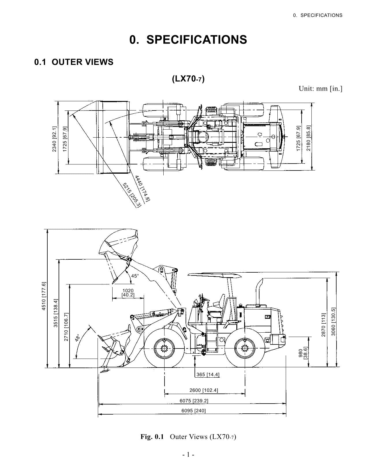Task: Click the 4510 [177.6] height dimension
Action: click(44, 296)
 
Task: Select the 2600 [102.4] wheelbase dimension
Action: click(204, 390)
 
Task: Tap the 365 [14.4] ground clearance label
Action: click(208, 374)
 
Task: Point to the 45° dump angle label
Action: click(135, 276)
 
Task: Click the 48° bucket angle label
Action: click(78, 338)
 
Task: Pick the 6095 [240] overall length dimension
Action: click(193, 411)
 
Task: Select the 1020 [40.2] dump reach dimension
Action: click(128, 293)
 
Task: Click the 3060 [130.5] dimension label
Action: click(333, 322)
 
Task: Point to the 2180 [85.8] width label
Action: click(308, 138)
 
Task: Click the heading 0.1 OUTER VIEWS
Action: click(74, 62)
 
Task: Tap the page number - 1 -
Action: click(188, 455)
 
